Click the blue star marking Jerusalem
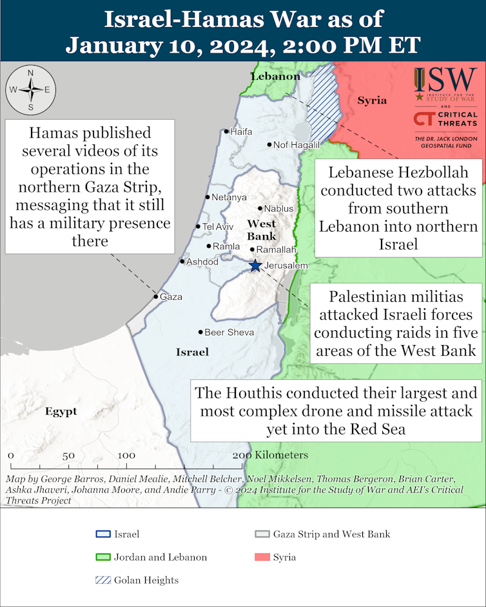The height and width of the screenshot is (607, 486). point(255,265)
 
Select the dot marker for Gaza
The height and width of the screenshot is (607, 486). point(155,297)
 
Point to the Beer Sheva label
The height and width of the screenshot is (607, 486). point(229,332)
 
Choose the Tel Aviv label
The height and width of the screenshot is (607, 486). point(218,227)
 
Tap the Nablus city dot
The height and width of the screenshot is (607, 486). point(259,209)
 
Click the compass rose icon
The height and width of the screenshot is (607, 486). point(30,90)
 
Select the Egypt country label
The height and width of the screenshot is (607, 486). point(61,411)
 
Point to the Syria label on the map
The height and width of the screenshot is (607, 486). point(372,100)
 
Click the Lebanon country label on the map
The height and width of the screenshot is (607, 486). point(275,77)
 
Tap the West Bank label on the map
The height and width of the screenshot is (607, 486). point(262,230)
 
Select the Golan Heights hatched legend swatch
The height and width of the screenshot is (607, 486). point(101,580)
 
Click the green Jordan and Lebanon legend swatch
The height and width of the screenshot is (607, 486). point(101,557)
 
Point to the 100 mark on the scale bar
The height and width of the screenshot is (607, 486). point(126,456)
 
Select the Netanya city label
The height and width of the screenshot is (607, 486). point(229,197)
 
